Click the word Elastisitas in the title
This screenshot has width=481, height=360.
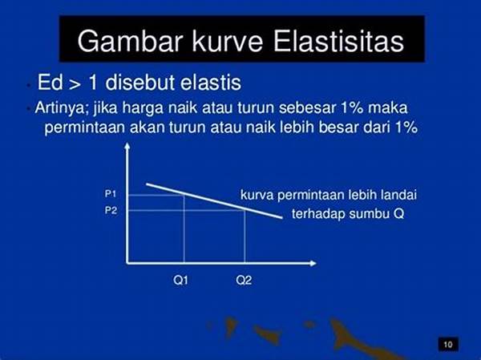point(338,41)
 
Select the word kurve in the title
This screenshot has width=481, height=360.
point(228,41)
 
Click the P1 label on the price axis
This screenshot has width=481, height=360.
point(111,194)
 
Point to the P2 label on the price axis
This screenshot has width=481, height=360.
point(111,210)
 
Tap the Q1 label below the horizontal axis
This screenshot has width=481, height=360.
point(180,280)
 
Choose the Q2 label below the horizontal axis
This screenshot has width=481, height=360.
point(244,280)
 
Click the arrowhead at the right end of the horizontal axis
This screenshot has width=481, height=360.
point(314,263)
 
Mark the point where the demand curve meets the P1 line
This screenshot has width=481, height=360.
point(184,195)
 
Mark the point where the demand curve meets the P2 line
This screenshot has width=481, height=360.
point(245,210)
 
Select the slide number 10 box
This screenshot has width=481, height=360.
point(448,344)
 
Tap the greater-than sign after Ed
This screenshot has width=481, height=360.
point(75,84)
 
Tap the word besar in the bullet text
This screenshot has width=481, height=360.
point(338,127)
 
